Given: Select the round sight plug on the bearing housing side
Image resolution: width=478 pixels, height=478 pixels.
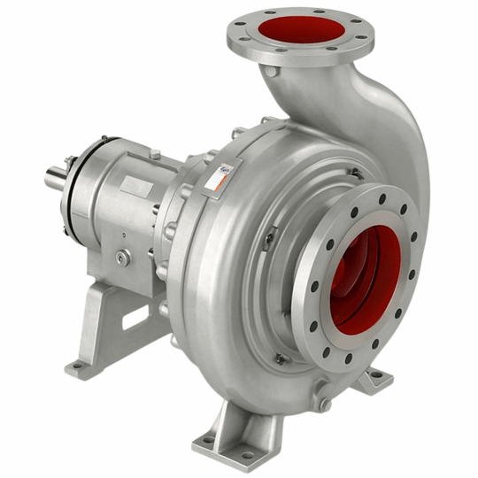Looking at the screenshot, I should point(122,257).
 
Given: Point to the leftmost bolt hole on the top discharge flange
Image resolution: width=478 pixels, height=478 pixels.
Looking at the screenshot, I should point(236,36).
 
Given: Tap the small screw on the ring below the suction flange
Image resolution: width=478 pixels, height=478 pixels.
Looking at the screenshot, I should point(281,359).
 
